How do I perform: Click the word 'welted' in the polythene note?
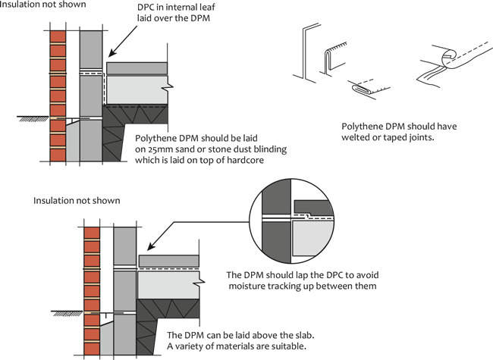pyautogui.click(x=355, y=138)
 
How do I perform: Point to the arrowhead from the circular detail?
pyautogui.click(x=151, y=246)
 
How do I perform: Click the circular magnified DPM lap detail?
pyautogui.click(x=291, y=221)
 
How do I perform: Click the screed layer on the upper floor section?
pyautogui.click(x=137, y=68)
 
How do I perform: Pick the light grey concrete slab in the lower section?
pyautogui.click(x=169, y=285)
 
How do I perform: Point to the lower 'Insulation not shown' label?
pyautogui.click(x=77, y=200)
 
